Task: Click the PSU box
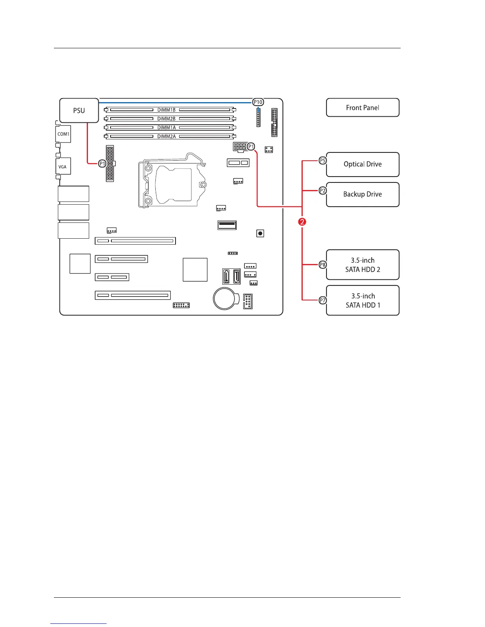[79, 110]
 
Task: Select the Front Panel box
[363, 108]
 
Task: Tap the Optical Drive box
[363, 164]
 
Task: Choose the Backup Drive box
[363, 194]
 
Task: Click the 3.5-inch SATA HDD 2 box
[363, 265]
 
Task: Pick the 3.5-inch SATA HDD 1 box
[363, 300]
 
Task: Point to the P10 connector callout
[258, 102]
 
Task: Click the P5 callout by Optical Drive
[323, 160]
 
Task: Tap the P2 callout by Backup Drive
[323, 191]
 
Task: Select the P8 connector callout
[323, 264]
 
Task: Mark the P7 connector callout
[323, 300]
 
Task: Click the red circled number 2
[302, 222]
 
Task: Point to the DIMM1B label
[166, 110]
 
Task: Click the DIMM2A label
[166, 137]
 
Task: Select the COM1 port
[63, 134]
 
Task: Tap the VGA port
[63, 167]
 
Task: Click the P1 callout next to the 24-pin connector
[102, 163]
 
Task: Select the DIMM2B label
[166, 119]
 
